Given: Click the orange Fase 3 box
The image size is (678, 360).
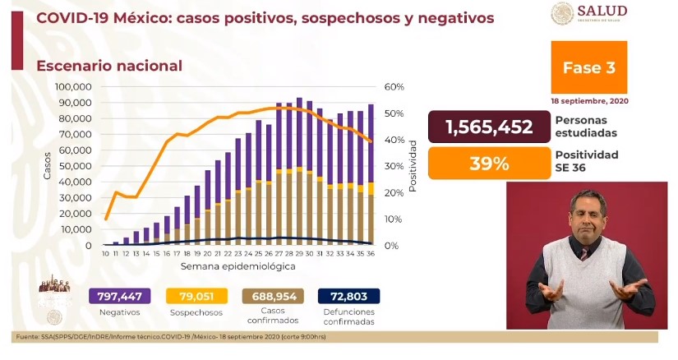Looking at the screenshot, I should click(588, 68).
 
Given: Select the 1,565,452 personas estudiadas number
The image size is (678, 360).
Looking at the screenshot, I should click(489, 127).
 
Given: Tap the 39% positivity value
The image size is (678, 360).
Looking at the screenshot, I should click(489, 163).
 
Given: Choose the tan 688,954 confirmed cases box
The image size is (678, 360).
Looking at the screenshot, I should click(271, 297).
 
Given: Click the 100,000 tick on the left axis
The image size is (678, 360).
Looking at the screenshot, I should click(72, 87).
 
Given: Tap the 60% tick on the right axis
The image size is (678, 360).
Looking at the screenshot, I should click(395, 87).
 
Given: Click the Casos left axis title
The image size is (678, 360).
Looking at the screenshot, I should click(48, 166).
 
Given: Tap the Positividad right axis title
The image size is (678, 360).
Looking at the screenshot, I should click(414, 166).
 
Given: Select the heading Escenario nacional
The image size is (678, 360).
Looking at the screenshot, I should click(108, 65).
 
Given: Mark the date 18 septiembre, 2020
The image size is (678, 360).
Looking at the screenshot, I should click(588, 101).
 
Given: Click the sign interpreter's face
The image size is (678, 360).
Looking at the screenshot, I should click(588, 214).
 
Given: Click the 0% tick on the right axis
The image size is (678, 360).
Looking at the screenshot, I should click(393, 246).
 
